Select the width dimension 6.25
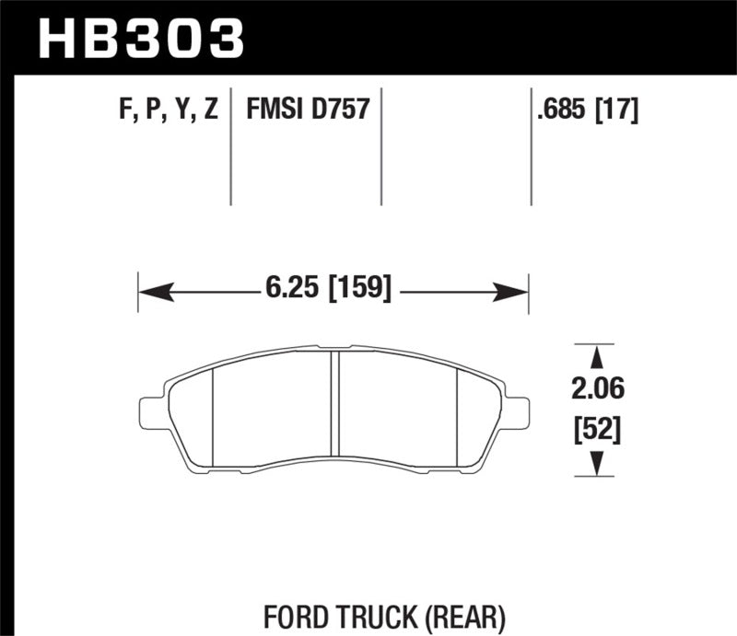[x=286, y=293]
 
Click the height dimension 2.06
[x=598, y=391]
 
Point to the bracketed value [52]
[x=598, y=428]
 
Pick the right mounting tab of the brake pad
[x=518, y=411]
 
